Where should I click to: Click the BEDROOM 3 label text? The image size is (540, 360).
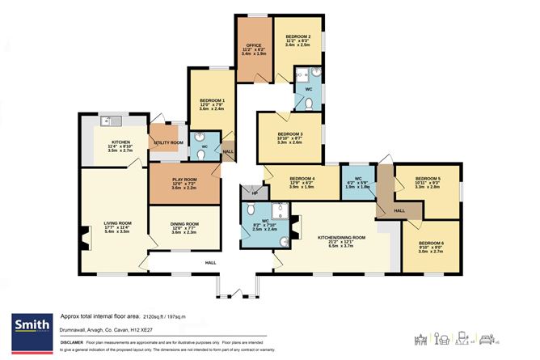(x=289, y=133)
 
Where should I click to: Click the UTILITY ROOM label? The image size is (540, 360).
(x=169, y=142)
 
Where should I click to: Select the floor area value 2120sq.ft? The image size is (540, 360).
(x=158, y=316)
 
